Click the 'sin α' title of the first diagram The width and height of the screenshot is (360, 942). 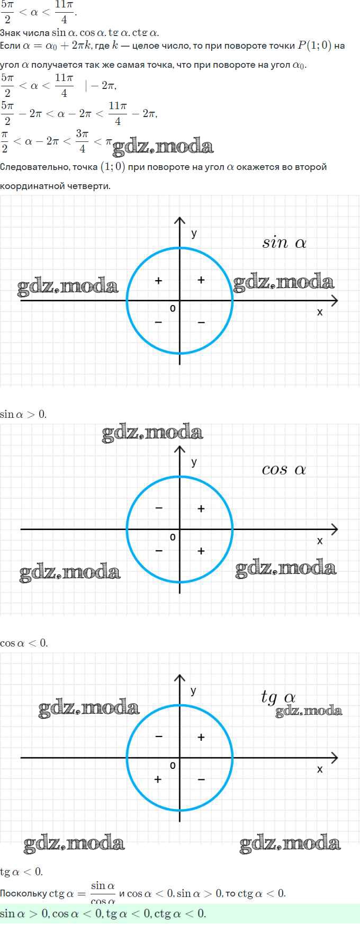point(284,243)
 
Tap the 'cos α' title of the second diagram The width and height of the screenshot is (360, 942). point(284,470)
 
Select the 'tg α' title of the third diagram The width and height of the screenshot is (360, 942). point(278,697)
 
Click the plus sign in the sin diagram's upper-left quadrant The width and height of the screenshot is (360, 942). point(158,281)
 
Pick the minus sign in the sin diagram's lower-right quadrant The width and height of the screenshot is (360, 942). point(201,322)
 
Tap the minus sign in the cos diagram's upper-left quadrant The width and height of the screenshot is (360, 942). point(159,508)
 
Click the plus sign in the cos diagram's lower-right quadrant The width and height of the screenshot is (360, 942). point(201,551)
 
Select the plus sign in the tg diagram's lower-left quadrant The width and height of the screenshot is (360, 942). point(158,779)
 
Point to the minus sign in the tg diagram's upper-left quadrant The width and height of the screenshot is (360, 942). point(159,737)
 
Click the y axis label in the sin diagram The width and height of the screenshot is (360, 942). point(194,234)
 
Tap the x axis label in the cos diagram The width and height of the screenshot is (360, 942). point(320,541)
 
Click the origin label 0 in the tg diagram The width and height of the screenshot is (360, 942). point(173,766)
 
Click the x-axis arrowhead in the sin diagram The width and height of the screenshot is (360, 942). point(334,301)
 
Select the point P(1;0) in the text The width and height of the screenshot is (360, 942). point(314,46)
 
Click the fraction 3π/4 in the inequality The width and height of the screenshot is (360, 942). point(82,141)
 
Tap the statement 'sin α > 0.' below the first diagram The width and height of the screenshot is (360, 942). point(23,414)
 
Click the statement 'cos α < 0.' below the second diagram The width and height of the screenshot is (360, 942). point(24,643)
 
